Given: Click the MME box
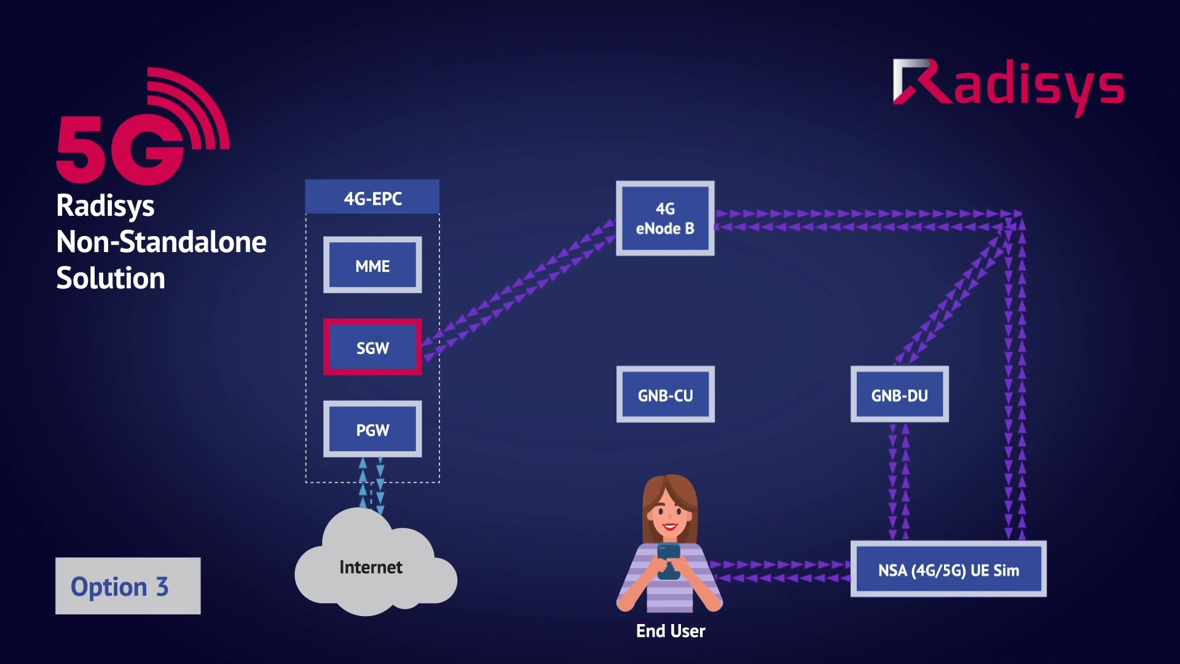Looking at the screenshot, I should [x=372, y=265].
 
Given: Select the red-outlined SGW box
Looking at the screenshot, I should [x=372, y=347].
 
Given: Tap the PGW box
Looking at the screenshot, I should [x=372, y=429].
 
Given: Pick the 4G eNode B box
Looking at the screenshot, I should [x=665, y=218].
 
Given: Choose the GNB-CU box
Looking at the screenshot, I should [x=665, y=395].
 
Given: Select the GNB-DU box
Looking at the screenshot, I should [x=899, y=395].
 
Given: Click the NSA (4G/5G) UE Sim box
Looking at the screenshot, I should [x=948, y=569].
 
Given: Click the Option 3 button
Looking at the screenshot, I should [x=128, y=586].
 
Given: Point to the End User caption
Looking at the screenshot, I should [x=671, y=631].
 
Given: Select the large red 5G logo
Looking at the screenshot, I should [x=141, y=129].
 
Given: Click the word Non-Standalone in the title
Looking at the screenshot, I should [x=161, y=242].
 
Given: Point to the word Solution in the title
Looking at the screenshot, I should [x=111, y=278].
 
